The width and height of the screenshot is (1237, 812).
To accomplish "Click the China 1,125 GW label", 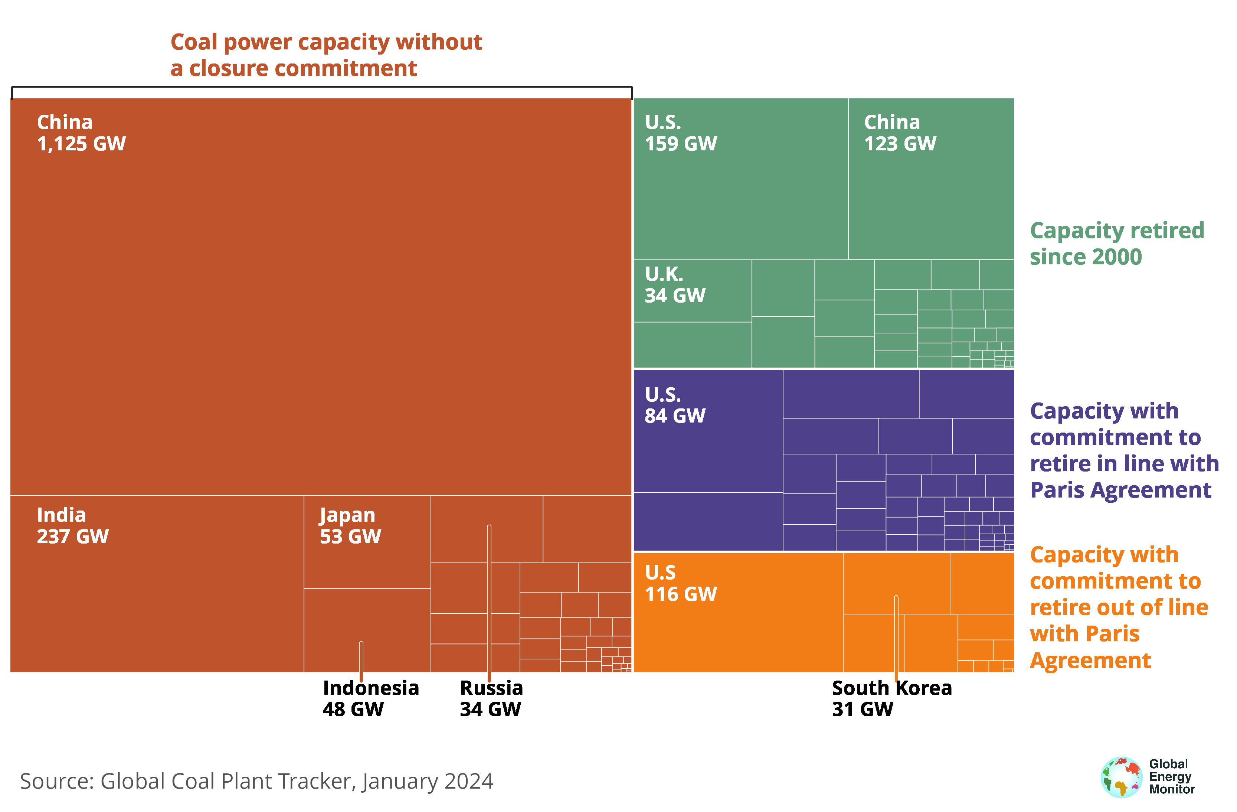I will click(x=81, y=133).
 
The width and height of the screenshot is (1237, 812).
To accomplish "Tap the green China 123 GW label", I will click(x=900, y=133).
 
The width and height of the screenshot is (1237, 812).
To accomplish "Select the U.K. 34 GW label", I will click(x=675, y=284).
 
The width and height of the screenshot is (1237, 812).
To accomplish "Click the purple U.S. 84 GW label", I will click(x=675, y=405).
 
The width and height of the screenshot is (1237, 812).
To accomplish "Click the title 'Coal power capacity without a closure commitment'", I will click(x=326, y=55).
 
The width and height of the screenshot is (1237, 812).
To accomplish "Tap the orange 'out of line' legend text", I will click(x=1119, y=607).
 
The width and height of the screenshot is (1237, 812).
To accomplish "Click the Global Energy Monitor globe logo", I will click(x=1121, y=777).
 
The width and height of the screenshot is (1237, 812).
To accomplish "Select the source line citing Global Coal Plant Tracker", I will click(x=256, y=781).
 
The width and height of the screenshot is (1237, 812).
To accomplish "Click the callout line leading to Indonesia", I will click(x=361, y=660).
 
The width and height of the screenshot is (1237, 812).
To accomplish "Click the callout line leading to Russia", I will click(x=489, y=598).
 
